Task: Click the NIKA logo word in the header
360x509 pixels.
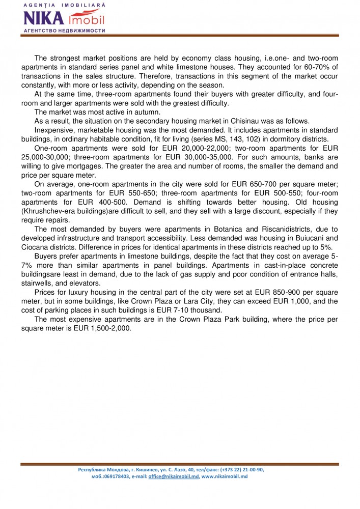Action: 43,18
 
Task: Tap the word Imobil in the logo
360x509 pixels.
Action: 87,20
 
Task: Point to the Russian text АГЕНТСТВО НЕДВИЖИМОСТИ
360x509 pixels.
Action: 64,31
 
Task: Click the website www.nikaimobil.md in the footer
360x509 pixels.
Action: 225,476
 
